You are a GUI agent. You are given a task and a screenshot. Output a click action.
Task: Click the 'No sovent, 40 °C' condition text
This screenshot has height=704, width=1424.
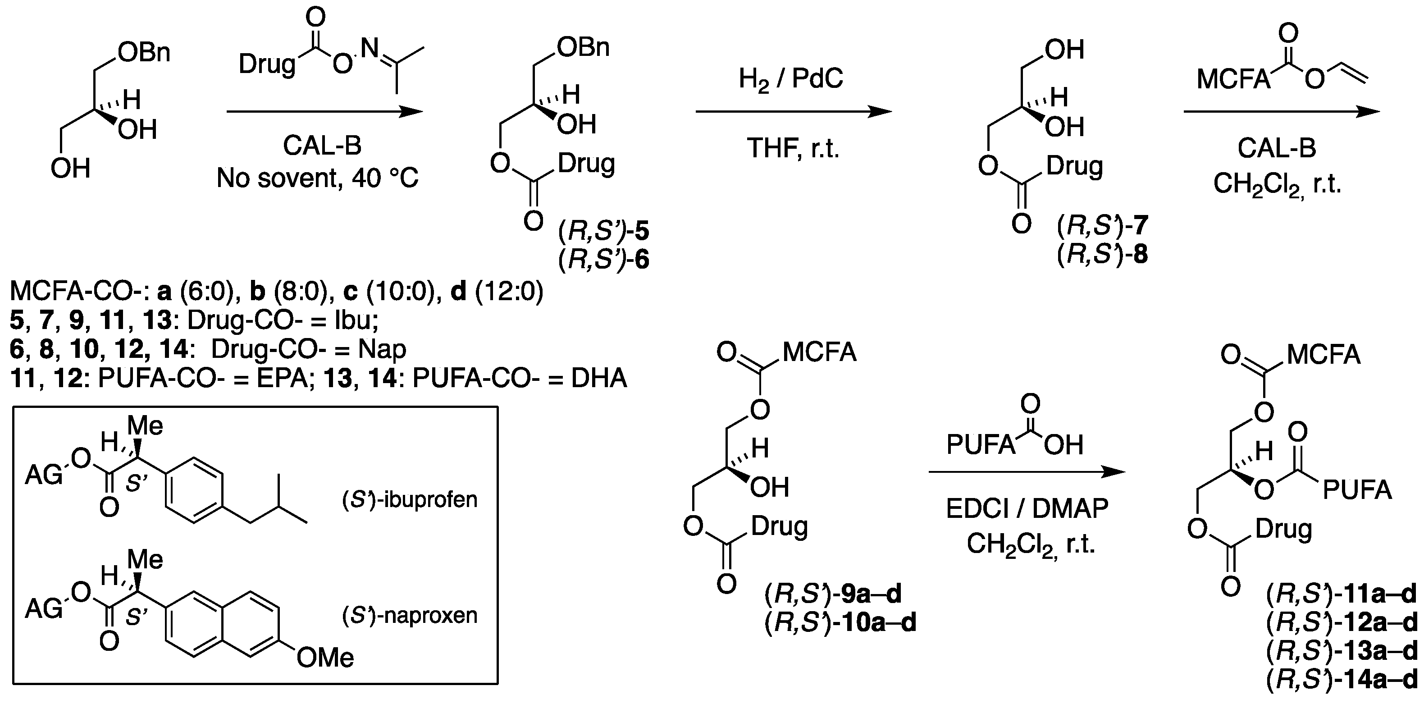(x=317, y=178)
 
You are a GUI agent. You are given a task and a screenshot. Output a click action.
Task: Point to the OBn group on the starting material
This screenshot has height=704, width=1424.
(x=144, y=53)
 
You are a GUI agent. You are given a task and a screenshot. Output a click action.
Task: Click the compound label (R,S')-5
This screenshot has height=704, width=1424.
(x=604, y=232)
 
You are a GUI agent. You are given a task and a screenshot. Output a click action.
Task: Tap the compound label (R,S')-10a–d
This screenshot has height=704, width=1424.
(x=840, y=623)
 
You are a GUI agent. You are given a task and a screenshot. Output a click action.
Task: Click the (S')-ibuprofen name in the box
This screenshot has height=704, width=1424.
(x=410, y=500)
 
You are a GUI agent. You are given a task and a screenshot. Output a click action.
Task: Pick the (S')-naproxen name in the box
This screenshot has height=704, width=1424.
(x=410, y=615)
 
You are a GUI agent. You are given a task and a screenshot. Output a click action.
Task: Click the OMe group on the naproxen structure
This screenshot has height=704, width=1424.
(x=325, y=658)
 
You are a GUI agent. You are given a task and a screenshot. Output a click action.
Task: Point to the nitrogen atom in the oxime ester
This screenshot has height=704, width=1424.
(x=369, y=50)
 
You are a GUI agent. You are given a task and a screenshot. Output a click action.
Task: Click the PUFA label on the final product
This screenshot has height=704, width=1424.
(x=1357, y=490)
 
